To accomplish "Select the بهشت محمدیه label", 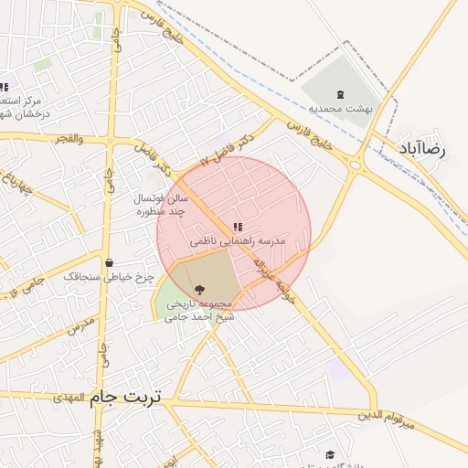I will click(x=341, y=108).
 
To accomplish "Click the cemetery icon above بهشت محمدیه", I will click(x=341, y=94).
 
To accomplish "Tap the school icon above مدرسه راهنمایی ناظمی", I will click(x=238, y=227).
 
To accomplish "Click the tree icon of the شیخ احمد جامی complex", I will click(x=200, y=289).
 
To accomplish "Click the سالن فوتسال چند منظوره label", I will click(x=161, y=204).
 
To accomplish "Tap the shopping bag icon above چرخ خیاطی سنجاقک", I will click(x=110, y=261).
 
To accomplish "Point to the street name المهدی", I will click(x=69, y=398).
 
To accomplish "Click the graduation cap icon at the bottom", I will click(x=330, y=454).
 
